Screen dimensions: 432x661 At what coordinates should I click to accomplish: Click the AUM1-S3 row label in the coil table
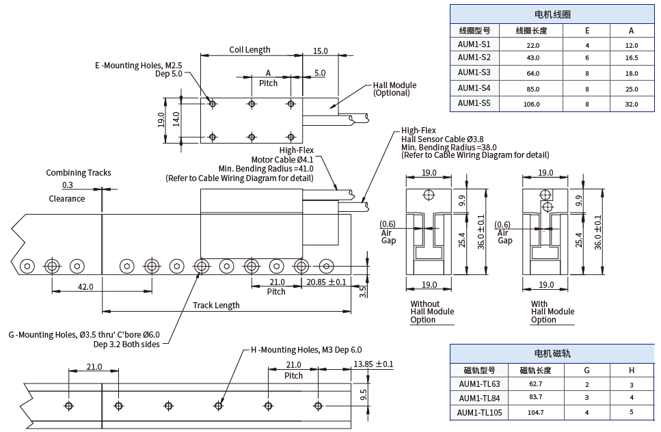(x=474, y=72)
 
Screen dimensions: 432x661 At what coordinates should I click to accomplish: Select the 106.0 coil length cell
(x=531, y=104)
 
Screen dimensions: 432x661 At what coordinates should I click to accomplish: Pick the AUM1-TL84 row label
(x=479, y=399)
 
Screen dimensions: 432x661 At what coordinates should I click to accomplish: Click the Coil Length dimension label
(x=249, y=50)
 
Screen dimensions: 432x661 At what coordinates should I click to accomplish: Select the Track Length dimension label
(x=217, y=306)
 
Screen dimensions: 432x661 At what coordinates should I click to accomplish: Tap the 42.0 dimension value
(x=85, y=287)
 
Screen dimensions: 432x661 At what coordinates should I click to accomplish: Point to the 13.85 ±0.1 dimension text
(x=373, y=364)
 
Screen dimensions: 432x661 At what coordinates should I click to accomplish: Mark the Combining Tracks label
(x=79, y=173)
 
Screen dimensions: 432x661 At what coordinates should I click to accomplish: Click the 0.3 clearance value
(x=68, y=185)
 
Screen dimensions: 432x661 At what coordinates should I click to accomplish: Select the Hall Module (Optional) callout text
(x=394, y=90)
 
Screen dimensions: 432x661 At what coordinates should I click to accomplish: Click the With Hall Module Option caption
(x=552, y=312)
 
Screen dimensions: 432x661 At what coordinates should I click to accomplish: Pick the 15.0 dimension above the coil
(x=320, y=51)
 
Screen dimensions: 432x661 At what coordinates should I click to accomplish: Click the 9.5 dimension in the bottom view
(x=363, y=394)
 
